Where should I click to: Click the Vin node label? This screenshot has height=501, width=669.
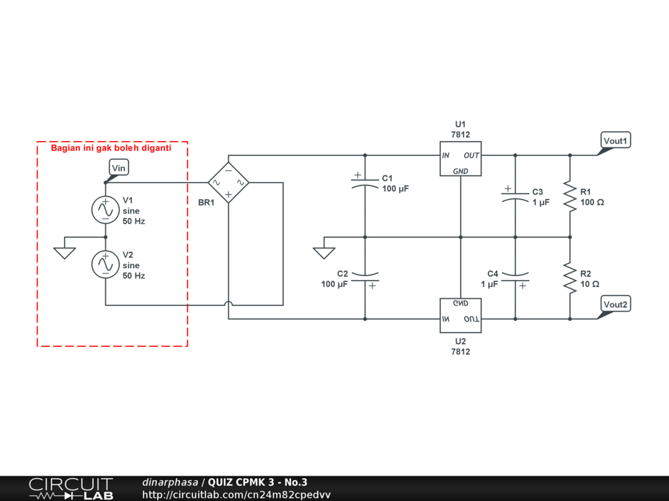click(x=118, y=168)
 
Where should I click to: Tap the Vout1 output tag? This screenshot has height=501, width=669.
click(x=615, y=141)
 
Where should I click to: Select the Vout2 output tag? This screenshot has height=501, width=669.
click(x=615, y=305)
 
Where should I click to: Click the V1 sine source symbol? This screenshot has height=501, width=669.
click(x=105, y=209)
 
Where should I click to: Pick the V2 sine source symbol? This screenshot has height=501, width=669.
click(x=105, y=264)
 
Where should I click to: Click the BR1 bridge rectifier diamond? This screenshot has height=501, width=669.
click(x=229, y=183)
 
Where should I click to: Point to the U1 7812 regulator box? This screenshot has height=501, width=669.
click(x=461, y=159)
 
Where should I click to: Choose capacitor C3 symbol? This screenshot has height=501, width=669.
click(x=515, y=196)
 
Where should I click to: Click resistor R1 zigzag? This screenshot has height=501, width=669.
click(x=570, y=196)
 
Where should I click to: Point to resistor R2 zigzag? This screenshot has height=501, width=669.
click(x=570, y=278)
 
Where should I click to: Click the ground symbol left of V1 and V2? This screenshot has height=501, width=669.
click(x=65, y=252)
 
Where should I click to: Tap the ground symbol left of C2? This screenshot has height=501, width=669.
click(x=323, y=252)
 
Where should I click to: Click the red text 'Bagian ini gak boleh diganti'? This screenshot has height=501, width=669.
click(x=111, y=148)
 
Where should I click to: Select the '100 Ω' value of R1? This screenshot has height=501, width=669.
click(x=592, y=202)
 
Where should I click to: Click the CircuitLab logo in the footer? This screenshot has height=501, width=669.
click(x=71, y=489)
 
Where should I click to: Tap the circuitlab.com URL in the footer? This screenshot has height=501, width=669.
click(x=237, y=494)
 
